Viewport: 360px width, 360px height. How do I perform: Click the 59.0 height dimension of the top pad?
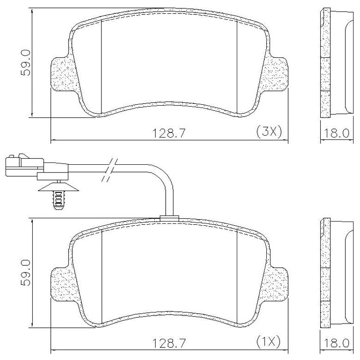coord(25,63)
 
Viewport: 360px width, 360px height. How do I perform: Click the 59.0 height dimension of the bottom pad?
coord(25,273)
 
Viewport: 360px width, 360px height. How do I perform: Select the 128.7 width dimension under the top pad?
coord(169,133)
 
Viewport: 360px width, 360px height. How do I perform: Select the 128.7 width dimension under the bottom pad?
coord(169,343)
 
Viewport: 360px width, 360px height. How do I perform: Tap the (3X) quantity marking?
coord(269,132)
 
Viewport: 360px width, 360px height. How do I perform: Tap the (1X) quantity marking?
coord(269,342)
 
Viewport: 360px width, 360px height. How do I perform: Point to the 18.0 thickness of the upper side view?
coord(336,133)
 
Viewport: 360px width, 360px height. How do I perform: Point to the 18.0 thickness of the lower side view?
coord(336,343)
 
